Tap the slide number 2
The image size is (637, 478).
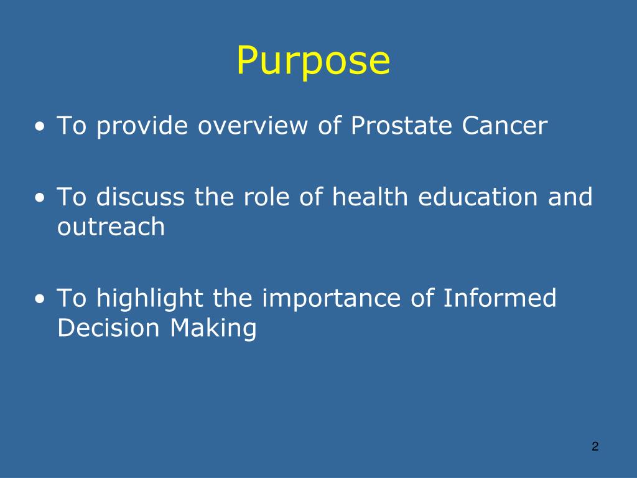595,446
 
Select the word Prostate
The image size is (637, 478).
402,126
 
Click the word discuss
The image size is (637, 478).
141,197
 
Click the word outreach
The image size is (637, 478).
111,228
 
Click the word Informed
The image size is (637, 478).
500,299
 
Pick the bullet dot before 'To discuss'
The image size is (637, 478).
40,199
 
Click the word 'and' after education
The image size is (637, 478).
570,197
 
